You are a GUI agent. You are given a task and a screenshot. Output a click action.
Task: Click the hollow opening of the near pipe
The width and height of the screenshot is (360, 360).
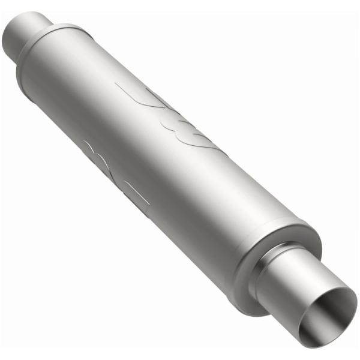pyautogui.click(x=329, y=317)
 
